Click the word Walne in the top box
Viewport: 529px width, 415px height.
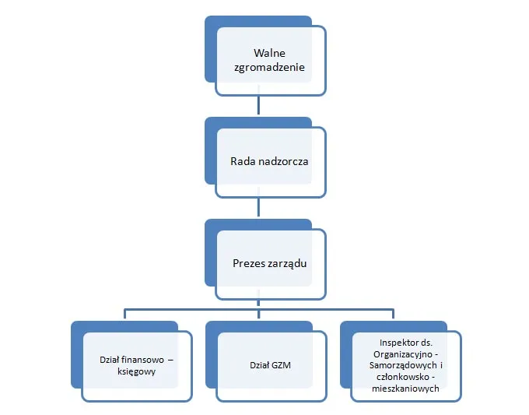[269, 54]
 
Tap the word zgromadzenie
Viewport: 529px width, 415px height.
[269, 68]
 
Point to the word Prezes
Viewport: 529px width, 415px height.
[250, 263]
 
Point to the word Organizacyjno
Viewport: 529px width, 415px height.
[401, 353]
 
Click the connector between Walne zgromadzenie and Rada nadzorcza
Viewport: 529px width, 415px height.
[259, 106]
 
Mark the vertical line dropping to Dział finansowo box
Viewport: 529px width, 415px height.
[124, 314]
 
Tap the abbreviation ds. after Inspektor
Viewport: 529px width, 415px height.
[426, 343]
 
